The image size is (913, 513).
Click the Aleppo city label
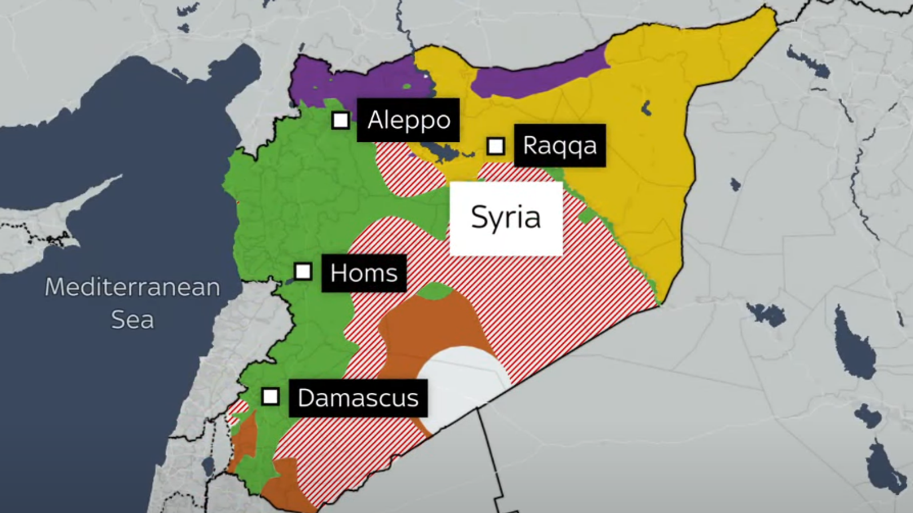tap(408, 120)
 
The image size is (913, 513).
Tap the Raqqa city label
tap(559, 145)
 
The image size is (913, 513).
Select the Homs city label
tap(363, 273)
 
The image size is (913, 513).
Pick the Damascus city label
tap(358, 398)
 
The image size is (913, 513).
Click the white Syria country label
tap(506, 218)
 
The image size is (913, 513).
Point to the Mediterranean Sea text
tap(132, 303)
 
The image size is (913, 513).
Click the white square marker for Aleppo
tap(341, 120)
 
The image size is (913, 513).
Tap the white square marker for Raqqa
tap(495, 146)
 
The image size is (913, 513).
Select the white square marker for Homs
tap(303, 271)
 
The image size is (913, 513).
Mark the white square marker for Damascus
tap(270, 396)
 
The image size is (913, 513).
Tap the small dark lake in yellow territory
tap(646, 108)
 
